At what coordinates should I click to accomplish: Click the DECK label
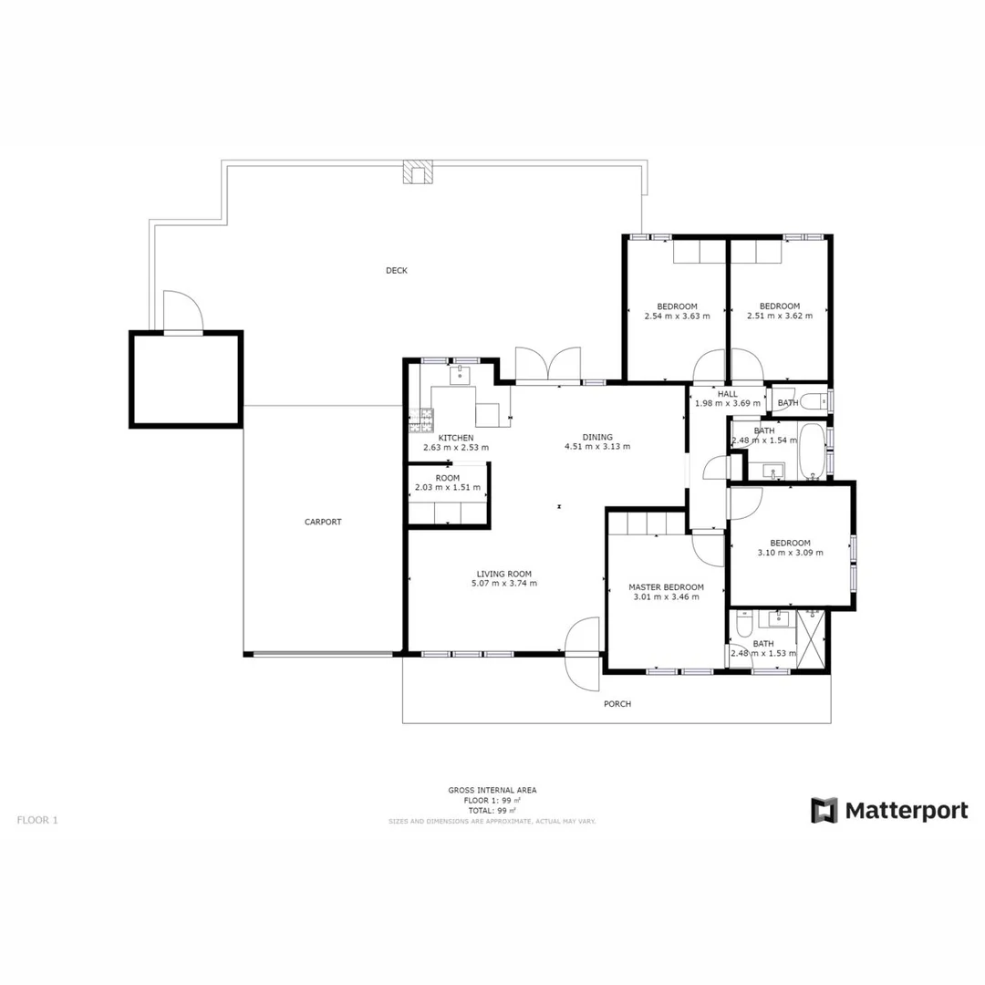tap(396, 270)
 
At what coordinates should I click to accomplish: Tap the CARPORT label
tap(323, 522)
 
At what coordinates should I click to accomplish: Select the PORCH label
tap(617, 704)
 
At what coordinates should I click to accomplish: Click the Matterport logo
tap(889, 810)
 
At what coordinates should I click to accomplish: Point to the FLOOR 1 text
tap(37, 820)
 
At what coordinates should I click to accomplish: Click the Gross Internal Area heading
tap(493, 790)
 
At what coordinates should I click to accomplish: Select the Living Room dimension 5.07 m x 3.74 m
tap(503, 584)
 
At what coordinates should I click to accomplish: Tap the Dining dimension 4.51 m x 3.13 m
tap(597, 447)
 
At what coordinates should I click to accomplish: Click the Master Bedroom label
tap(666, 586)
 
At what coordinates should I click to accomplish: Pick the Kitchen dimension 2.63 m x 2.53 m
tap(455, 448)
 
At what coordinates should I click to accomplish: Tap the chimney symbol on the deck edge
tap(420, 172)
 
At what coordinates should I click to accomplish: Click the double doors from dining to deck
tap(548, 364)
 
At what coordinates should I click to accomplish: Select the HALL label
tap(727, 393)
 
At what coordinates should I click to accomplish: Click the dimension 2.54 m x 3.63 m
tap(677, 316)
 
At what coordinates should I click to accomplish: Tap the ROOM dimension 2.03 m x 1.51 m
tap(447, 487)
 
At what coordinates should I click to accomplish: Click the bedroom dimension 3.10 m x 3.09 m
tap(790, 552)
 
